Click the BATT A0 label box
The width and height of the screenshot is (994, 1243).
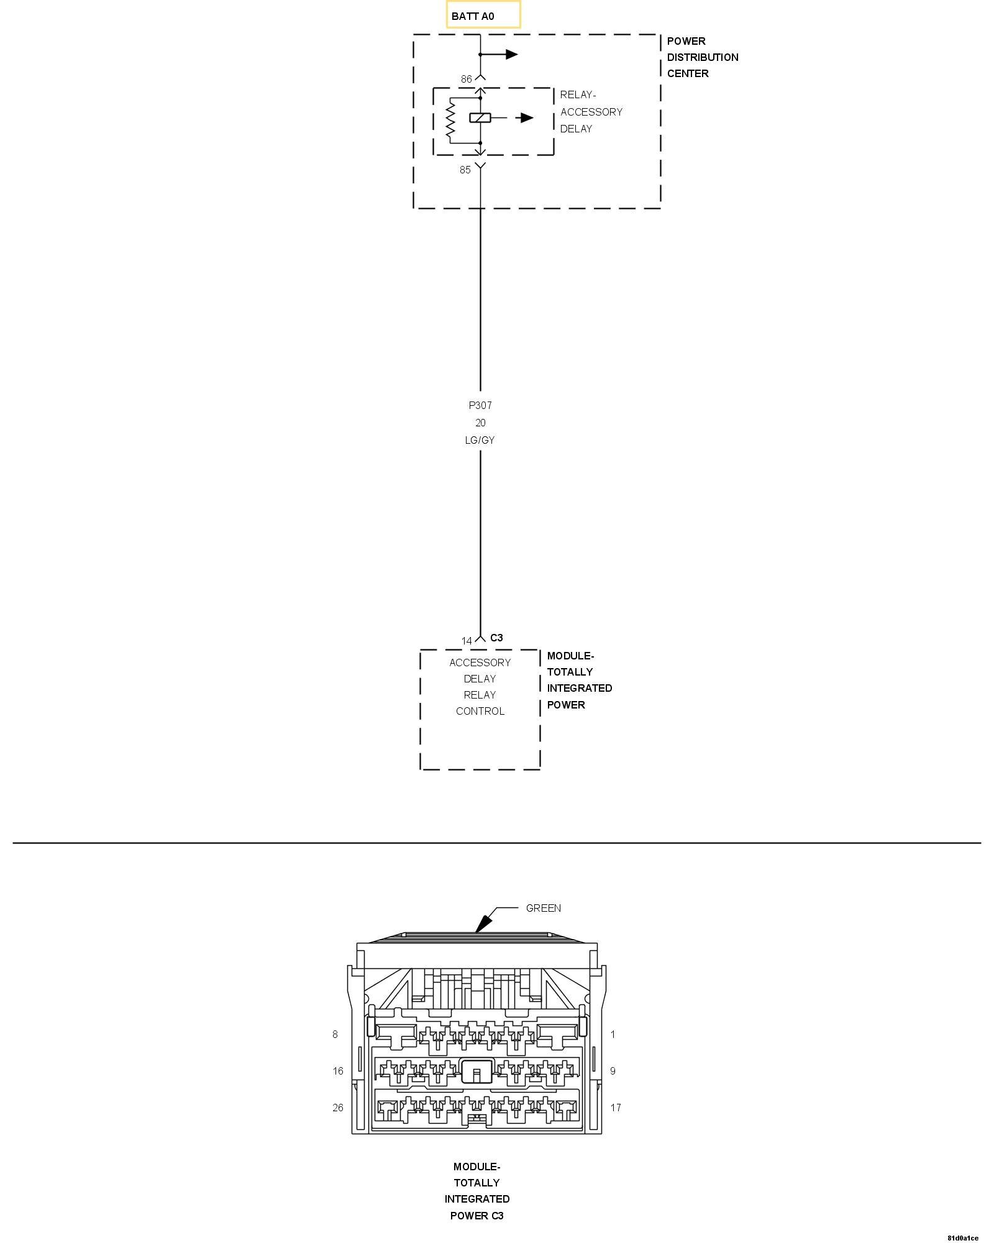[483, 15]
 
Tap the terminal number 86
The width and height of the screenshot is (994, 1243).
[466, 79]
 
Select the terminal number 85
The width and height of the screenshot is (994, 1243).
[465, 170]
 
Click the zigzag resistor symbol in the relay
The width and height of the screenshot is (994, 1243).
[451, 119]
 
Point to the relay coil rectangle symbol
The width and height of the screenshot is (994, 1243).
[480, 117]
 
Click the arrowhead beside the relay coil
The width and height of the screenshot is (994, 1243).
[527, 117]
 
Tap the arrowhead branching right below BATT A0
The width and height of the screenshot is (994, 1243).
[511, 55]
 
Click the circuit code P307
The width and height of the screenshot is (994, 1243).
[480, 405]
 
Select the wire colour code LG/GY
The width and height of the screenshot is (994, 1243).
[480, 440]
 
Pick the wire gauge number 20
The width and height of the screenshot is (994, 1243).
[480, 423]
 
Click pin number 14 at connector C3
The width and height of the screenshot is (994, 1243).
[467, 641]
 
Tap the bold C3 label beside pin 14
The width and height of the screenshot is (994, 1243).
[496, 638]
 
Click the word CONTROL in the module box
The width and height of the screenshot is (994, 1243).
[480, 711]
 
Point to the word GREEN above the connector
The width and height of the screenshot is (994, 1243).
[543, 908]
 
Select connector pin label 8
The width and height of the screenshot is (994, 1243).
[335, 1034]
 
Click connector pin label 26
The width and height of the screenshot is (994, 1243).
[338, 1108]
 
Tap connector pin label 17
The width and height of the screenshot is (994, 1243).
[615, 1108]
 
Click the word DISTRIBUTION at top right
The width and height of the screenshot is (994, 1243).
[703, 57]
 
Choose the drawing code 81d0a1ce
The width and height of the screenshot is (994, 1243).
[962, 1238]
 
